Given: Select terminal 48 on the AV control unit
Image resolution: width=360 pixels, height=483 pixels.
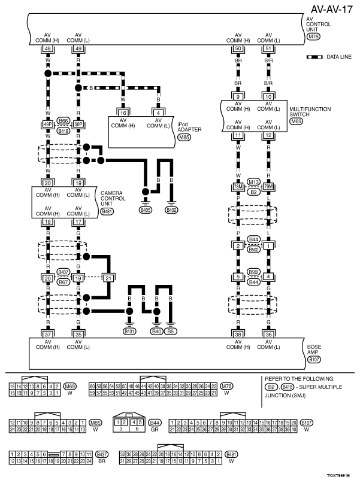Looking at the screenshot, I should pyautogui.click(x=48, y=48).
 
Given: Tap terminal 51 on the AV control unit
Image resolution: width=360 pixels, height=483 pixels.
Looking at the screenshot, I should pyautogui.click(x=268, y=48).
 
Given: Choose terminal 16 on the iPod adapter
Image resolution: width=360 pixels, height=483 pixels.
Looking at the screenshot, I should pyautogui.click(x=122, y=112).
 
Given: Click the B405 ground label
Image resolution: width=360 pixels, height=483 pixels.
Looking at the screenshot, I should pyautogui.click(x=144, y=210).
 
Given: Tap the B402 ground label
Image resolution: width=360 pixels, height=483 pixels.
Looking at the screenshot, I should pyautogui.click(x=173, y=210).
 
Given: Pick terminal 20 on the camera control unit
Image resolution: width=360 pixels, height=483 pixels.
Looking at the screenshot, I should pyautogui.click(x=48, y=183).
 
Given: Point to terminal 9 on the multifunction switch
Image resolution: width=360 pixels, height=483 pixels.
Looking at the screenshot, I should pyautogui.click(x=238, y=96).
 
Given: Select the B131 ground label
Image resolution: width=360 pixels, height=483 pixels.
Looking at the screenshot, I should pyautogui.click(x=129, y=330).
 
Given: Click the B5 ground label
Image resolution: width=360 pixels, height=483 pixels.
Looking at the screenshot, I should pyautogui.click(x=171, y=330).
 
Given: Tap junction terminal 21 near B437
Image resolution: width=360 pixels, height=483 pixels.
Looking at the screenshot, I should pyautogui.click(x=108, y=278).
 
